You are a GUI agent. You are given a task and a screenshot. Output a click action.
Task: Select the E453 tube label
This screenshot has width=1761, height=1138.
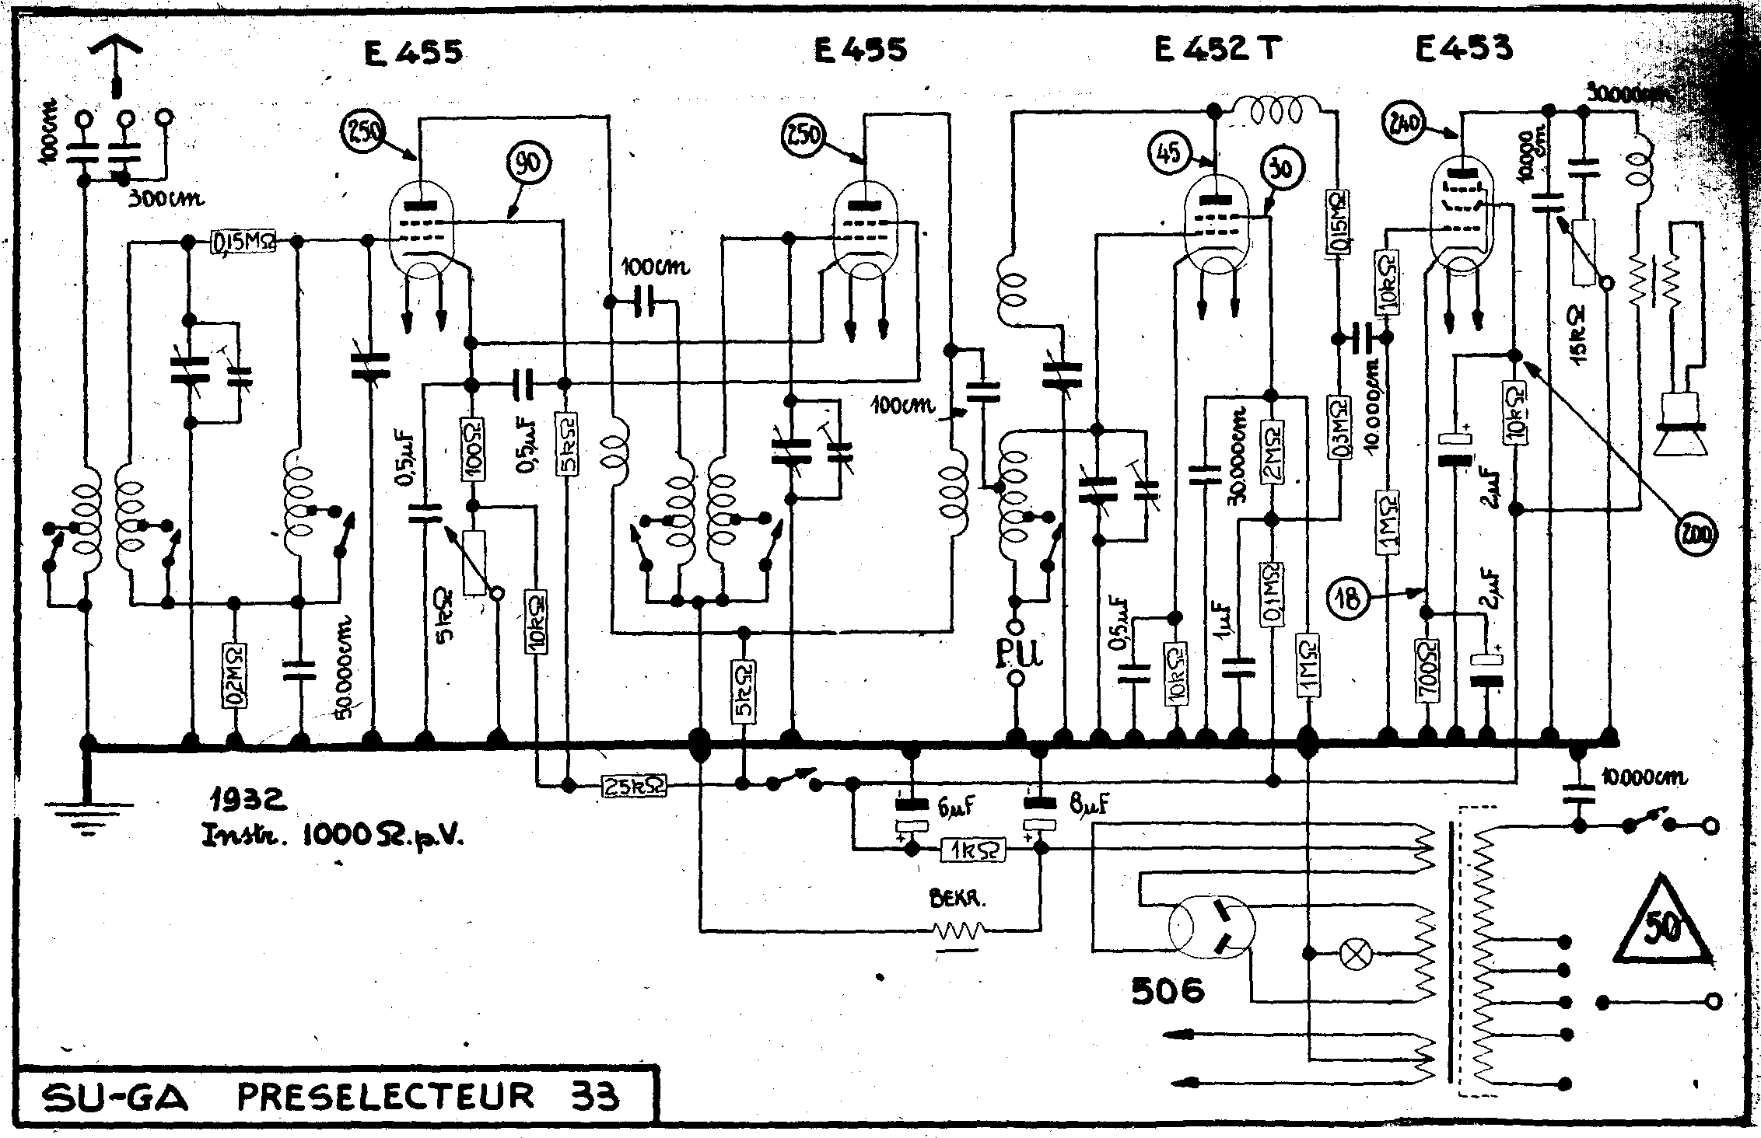coord(1464,48)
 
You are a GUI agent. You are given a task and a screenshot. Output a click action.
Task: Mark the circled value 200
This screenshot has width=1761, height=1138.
coord(1699,535)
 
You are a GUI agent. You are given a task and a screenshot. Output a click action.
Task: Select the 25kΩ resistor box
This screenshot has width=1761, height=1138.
coord(634,787)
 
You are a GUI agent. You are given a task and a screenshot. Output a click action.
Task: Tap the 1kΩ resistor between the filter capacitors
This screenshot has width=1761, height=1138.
coord(972,850)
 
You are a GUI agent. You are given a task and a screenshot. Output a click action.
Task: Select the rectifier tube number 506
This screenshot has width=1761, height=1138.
coord(1168,990)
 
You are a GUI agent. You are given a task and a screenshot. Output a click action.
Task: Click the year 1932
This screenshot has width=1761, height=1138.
coord(247,798)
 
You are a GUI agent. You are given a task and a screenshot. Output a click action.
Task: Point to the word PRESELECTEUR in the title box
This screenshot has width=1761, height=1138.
coord(386,1096)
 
